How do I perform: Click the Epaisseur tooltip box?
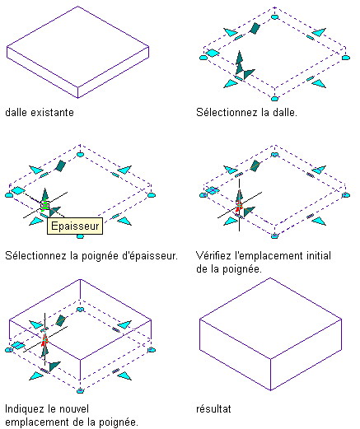75,226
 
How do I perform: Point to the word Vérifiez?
213,256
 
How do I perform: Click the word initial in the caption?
319,256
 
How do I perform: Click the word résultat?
213,409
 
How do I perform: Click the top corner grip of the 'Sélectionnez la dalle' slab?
274,17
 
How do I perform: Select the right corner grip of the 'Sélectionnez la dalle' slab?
346,58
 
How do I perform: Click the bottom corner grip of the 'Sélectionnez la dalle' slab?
274,99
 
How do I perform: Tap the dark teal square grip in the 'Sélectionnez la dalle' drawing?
255,28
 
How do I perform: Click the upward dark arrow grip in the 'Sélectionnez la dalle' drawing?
240,62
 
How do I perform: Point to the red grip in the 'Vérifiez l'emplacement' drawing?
239,205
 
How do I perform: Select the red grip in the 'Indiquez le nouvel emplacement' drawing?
44,340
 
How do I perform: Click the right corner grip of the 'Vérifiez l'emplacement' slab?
346,195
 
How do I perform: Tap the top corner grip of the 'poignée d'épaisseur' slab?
80,154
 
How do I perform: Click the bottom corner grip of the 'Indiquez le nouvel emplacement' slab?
80,390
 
